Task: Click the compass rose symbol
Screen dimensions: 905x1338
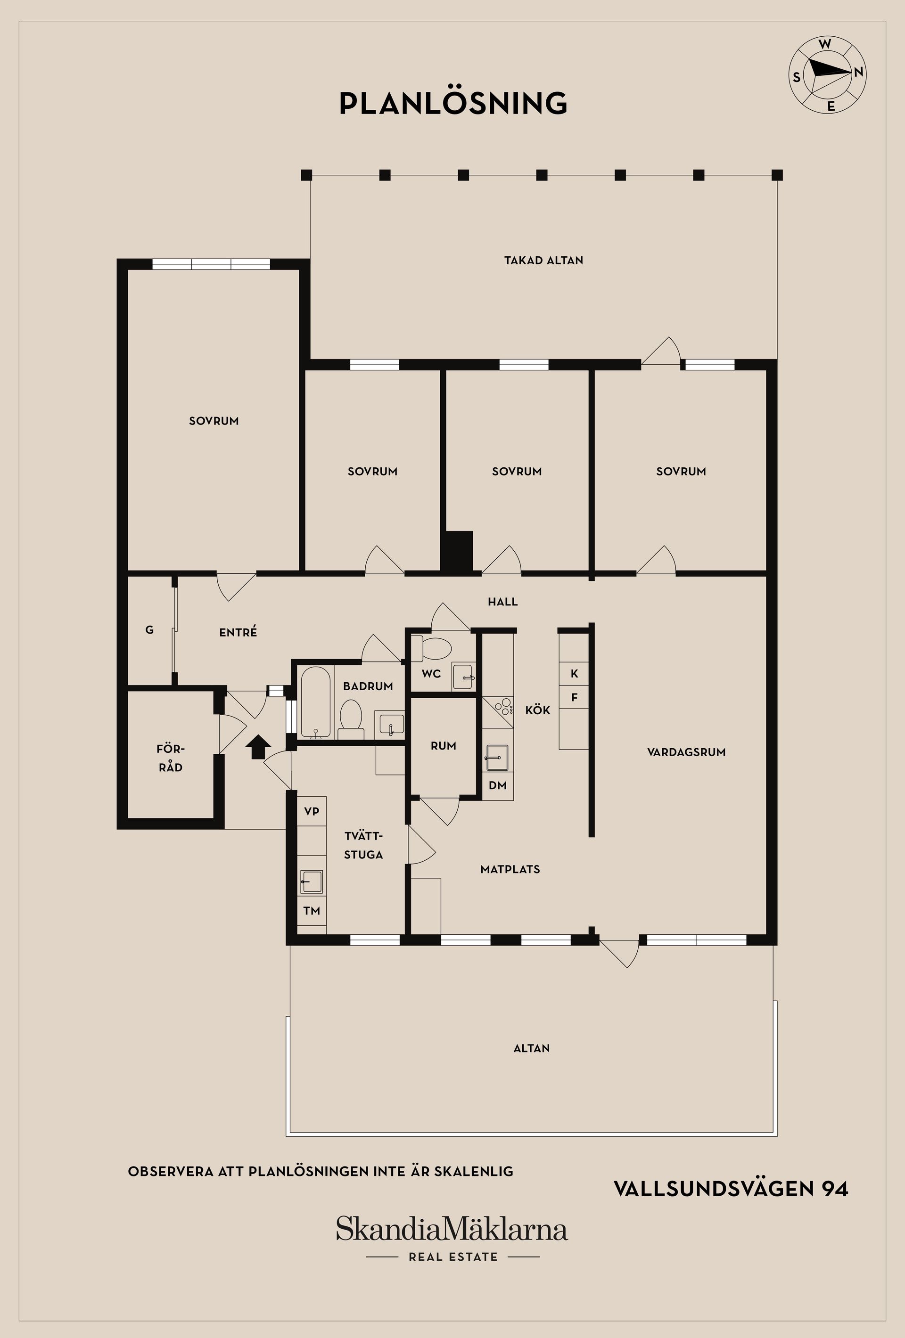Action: tap(827, 74)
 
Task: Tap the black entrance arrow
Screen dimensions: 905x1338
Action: tap(258, 747)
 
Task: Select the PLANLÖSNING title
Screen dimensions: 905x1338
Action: tap(453, 103)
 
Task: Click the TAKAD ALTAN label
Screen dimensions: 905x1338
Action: tap(544, 260)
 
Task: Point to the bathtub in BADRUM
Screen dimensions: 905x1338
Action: tap(315, 702)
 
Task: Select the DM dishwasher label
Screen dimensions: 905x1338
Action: tap(498, 785)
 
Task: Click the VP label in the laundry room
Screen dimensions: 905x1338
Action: tap(312, 811)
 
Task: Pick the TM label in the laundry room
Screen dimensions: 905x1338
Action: tap(312, 911)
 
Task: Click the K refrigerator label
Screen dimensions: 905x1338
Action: tap(574, 674)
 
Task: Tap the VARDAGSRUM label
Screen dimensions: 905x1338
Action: tap(686, 752)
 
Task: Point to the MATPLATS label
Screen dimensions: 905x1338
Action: tap(510, 869)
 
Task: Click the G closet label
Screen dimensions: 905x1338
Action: tap(150, 630)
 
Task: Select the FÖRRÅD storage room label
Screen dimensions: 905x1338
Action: tap(171, 758)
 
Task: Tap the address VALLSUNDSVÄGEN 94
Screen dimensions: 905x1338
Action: tap(731, 1188)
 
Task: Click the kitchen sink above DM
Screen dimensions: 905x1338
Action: tap(497, 757)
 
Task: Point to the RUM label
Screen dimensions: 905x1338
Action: tap(444, 746)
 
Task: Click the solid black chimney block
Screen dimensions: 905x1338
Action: tap(457, 552)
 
